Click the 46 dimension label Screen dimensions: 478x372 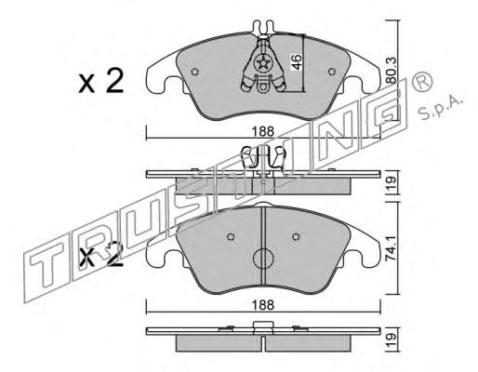click(x=297, y=61)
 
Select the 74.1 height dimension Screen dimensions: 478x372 click(x=392, y=249)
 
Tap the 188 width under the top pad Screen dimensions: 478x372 click(x=262, y=131)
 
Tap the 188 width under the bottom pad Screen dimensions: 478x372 click(x=262, y=305)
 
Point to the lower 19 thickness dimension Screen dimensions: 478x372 click(x=392, y=340)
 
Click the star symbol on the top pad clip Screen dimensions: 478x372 click(x=263, y=64)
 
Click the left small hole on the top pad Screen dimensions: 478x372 click(x=194, y=72)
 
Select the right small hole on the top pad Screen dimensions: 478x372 click(x=332, y=72)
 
